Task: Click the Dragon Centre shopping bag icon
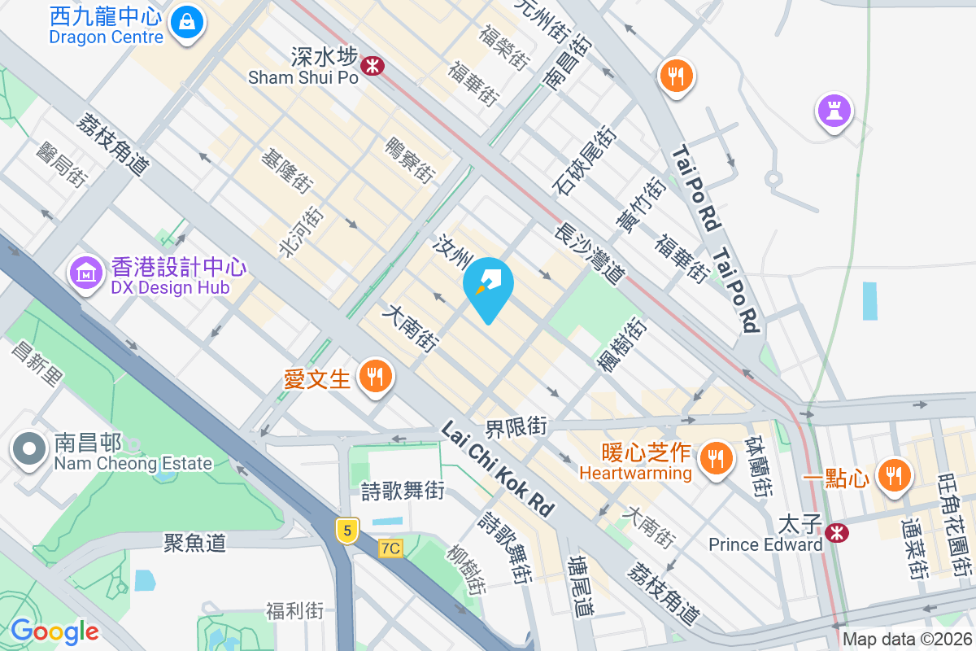click(x=188, y=20)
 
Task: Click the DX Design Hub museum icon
click(x=85, y=273)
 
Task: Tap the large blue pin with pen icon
click(x=488, y=285)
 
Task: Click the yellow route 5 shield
click(x=347, y=531)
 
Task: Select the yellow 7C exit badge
click(x=390, y=548)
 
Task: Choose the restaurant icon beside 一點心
click(x=895, y=474)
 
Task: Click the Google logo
click(x=54, y=631)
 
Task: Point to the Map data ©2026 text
click(x=906, y=640)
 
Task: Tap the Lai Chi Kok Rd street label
click(x=498, y=468)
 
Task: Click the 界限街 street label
click(x=528, y=426)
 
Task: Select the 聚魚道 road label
click(x=194, y=542)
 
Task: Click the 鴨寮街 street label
click(x=411, y=159)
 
